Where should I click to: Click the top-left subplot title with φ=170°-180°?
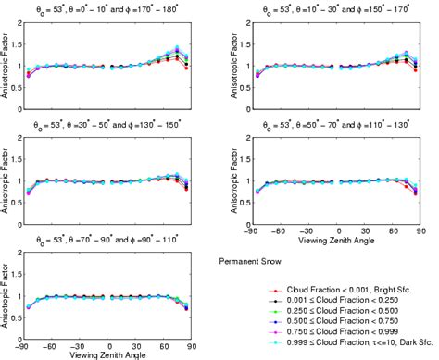point(107,13)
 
